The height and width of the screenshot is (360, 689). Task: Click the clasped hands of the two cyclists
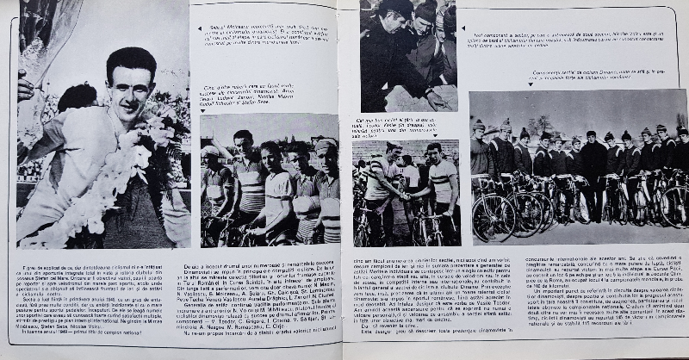[x=410, y=196]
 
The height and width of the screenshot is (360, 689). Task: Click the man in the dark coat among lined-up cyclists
[x=593, y=168]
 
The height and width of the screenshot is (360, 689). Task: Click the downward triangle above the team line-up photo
[x=531, y=84]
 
